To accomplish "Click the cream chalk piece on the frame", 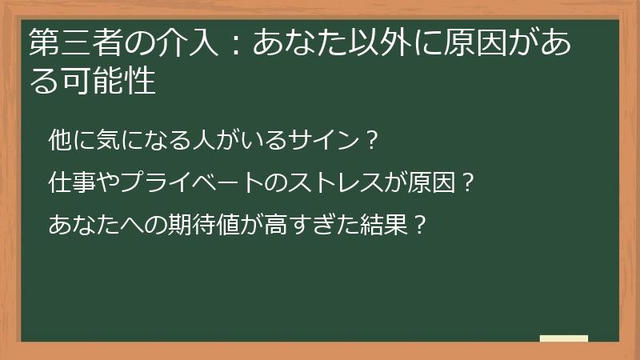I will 564,338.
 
